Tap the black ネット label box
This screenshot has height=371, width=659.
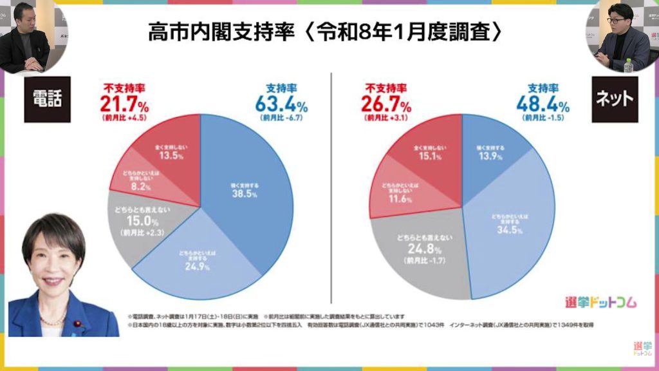coord(615,100)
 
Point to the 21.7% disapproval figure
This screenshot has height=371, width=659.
coord(124,103)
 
